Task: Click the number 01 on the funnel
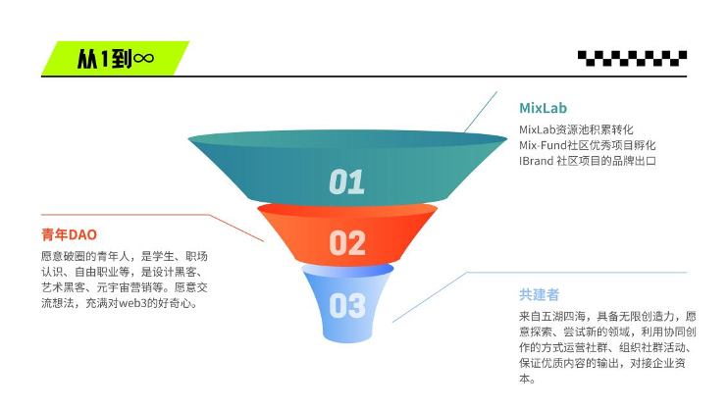[x=346, y=181]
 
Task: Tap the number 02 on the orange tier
[x=347, y=242]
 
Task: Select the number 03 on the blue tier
[x=347, y=306]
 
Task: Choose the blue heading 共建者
[x=539, y=293]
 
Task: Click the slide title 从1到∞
[x=114, y=59]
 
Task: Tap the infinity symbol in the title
[x=143, y=59]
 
